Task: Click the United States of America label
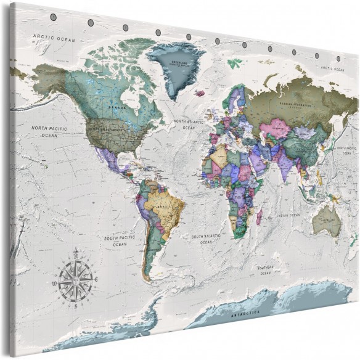tap(107, 130)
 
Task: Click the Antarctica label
tap(243, 315)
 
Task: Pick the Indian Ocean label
tap(288, 215)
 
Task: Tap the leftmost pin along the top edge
tap(91, 23)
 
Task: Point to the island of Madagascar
tap(260, 216)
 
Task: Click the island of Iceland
tap(199, 94)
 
